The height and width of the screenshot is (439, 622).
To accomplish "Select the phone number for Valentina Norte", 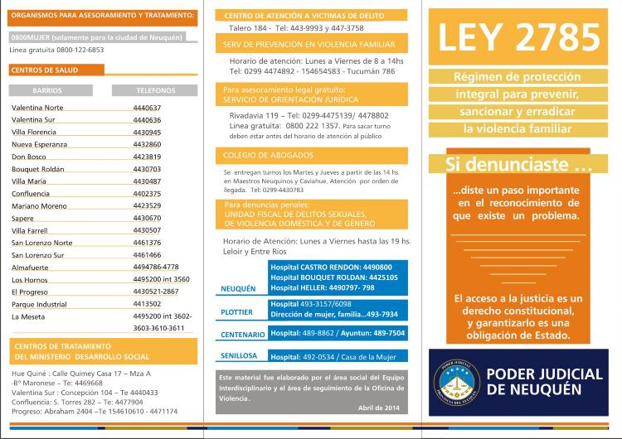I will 147,108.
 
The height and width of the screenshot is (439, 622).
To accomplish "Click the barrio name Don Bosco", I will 28,157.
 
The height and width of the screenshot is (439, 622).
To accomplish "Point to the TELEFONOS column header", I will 155,89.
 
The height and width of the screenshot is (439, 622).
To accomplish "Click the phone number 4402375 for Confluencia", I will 147,194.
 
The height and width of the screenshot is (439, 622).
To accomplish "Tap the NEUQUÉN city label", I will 237,289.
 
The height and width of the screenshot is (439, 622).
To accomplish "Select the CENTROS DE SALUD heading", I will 45,70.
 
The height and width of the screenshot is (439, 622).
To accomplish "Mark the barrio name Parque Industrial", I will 39,304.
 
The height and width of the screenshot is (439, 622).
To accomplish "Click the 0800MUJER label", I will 29,38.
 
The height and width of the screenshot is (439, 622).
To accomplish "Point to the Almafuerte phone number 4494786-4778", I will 155,267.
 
